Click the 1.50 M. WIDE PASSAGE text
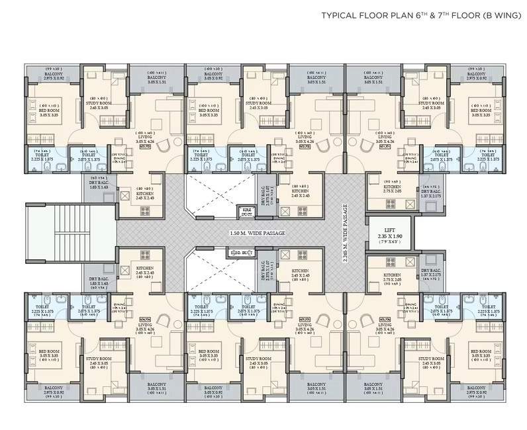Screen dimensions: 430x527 click(258, 234)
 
